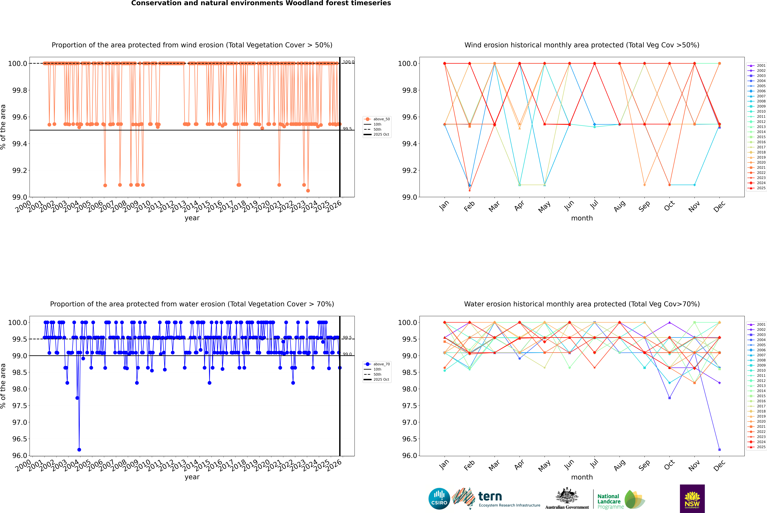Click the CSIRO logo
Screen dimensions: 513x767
(439, 499)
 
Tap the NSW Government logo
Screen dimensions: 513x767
(692, 499)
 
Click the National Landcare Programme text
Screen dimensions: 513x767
(609, 501)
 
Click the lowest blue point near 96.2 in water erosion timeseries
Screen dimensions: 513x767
(79, 450)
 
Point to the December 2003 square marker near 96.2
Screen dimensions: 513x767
(719, 450)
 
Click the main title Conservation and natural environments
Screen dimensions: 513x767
(261, 3)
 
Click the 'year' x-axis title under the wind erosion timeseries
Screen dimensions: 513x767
(192, 218)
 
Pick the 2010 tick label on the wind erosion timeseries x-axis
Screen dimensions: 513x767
(143, 207)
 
